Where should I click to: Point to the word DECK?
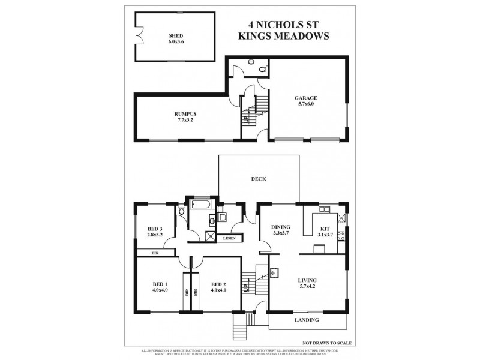259,179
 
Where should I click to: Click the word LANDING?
307,320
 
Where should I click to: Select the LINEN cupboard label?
229,239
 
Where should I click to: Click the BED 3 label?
155,227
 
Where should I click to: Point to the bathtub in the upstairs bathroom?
200,209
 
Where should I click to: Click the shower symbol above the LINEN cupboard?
211,236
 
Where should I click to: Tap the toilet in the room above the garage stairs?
262,70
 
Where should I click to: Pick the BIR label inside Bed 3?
155,253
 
